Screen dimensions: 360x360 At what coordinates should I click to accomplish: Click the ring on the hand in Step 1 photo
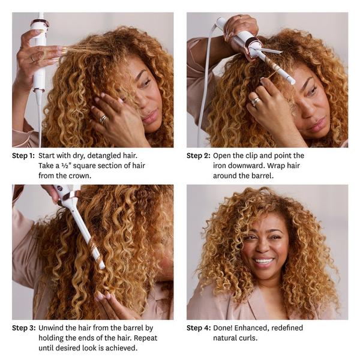tap(103, 119)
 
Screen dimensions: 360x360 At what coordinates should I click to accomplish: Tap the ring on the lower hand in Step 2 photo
tap(256, 101)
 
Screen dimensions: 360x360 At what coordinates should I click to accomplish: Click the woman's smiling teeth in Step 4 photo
tap(263, 261)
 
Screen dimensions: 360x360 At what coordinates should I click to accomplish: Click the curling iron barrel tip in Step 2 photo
tap(292, 80)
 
